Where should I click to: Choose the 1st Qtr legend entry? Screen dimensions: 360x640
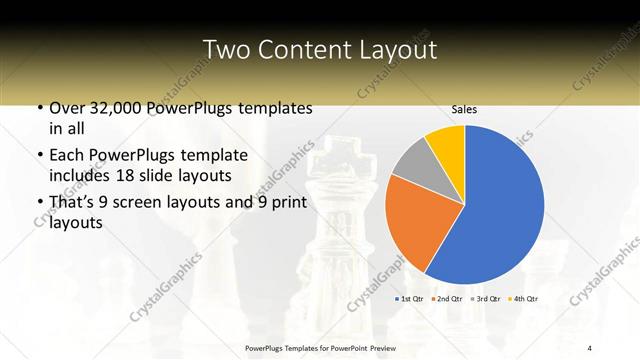412,299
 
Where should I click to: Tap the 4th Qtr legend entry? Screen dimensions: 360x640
523,299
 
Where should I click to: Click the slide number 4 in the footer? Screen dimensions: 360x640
590,347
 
